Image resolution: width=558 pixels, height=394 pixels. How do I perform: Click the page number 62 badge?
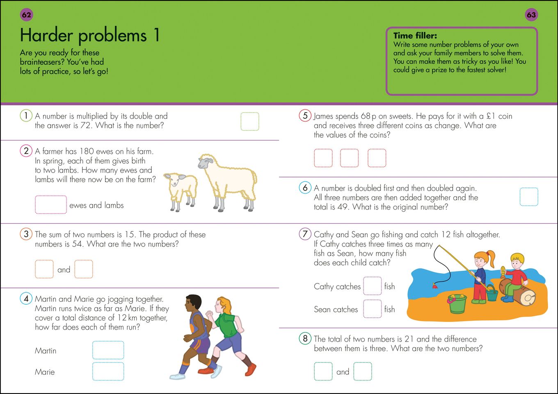(26, 15)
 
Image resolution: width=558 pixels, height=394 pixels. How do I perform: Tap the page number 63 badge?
(531, 15)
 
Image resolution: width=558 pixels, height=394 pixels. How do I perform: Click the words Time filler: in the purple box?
(415, 36)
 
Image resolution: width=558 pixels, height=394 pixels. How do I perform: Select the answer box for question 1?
(249, 122)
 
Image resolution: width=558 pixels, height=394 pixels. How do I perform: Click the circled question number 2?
(26, 151)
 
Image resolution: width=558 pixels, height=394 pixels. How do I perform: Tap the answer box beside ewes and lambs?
(51, 205)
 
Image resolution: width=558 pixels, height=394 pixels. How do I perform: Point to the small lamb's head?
(175, 179)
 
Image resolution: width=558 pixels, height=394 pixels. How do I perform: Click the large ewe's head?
(206, 162)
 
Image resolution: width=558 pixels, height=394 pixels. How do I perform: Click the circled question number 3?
(26, 234)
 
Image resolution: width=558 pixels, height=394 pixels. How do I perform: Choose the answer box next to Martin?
(108, 350)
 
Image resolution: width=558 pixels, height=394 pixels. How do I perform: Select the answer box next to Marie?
(108, 371)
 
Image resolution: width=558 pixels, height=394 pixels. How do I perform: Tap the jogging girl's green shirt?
(225, 324)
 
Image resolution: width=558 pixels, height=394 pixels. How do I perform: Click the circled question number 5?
(305, 115)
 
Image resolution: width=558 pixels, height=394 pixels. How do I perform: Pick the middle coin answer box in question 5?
(349, 158)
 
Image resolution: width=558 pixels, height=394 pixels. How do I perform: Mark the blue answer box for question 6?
(528, 197)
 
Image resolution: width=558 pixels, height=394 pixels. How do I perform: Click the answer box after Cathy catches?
(373, 286)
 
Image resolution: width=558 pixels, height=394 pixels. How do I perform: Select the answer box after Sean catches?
(373, 309)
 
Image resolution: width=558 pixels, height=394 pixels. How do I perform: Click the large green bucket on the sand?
(457, 304)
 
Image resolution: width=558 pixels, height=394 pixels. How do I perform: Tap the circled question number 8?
(305, 339)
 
